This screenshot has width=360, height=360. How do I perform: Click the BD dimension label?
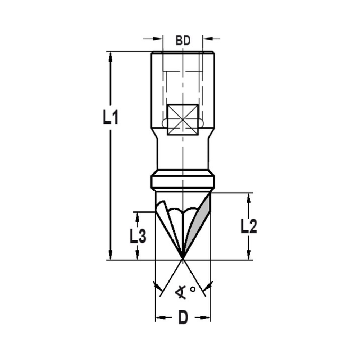(183, 41)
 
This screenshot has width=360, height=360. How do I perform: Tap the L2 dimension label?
(249, 226)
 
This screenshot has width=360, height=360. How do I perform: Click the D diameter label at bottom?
(183, 318)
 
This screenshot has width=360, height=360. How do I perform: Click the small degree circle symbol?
(193, 289)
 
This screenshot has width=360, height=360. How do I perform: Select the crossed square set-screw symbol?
(183, 120)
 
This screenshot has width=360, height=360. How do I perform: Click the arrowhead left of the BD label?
(158, 38)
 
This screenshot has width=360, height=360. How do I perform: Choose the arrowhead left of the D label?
(160, 318)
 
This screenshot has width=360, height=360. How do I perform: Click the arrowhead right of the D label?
(206, 318)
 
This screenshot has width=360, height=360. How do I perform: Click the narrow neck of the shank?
(183, 155)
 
